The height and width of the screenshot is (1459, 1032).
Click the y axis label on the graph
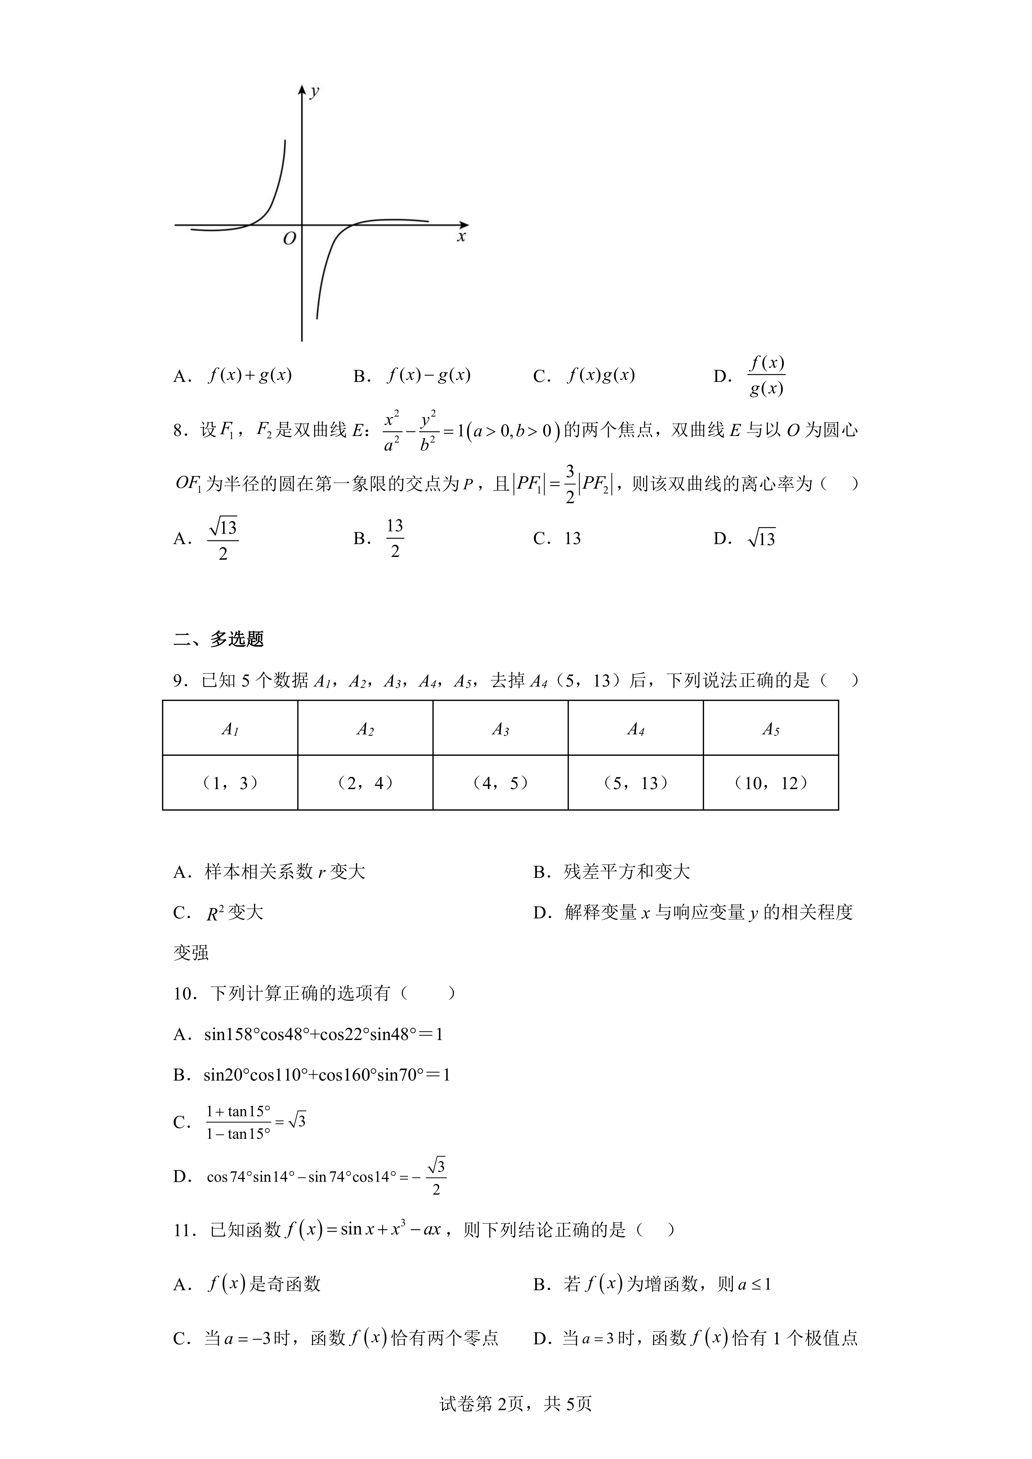314,92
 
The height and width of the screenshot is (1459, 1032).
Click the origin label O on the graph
289,239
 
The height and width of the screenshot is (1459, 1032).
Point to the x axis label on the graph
461,237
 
